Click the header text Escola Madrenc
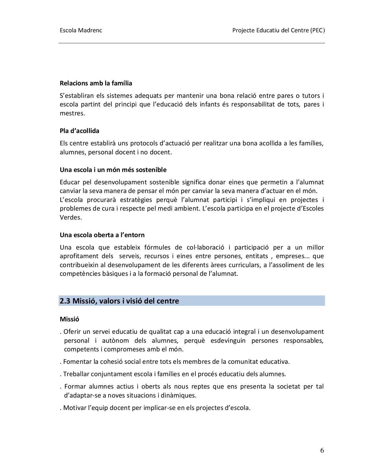[81, 30]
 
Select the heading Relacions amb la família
[96, 83]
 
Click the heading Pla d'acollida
[79, 131]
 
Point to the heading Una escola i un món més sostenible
[113, 170]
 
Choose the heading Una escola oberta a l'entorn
[102, 235]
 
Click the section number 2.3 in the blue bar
[65, 301]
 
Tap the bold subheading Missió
[69, 319]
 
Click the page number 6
[322, 451]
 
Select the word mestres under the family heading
[72, 113]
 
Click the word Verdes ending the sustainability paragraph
[71, 218]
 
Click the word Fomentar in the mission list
[76, 362]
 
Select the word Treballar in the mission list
[76, 374]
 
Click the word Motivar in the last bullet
[74, 408]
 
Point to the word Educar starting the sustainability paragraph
[69, 182]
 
